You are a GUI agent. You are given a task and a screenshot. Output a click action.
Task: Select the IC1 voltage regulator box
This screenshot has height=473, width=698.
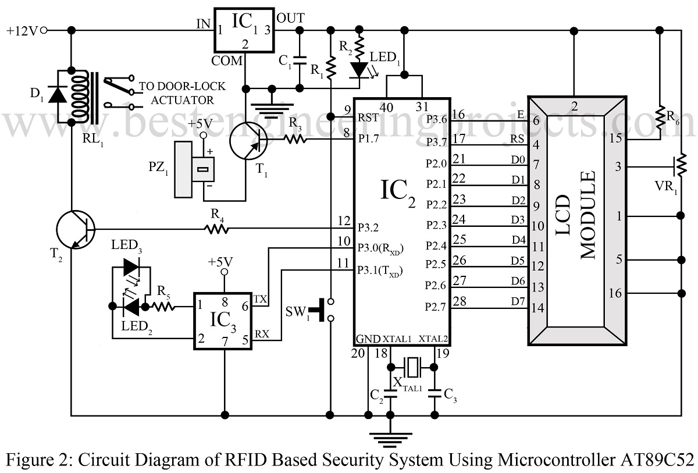(x=244, y=31)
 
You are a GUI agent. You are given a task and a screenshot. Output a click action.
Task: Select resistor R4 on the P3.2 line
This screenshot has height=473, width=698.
(x=215, y=230)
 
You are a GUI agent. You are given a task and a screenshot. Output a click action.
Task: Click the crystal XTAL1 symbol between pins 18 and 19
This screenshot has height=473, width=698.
(x=412, y=367)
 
